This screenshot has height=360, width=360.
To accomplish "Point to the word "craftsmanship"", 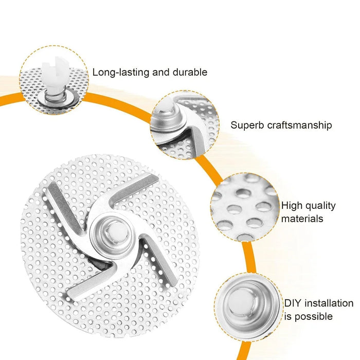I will click(x=300, y=125).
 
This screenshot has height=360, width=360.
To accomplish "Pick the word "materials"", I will click(x=302, y=219).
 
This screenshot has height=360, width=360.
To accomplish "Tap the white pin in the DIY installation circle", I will click(x=241, y=300).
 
